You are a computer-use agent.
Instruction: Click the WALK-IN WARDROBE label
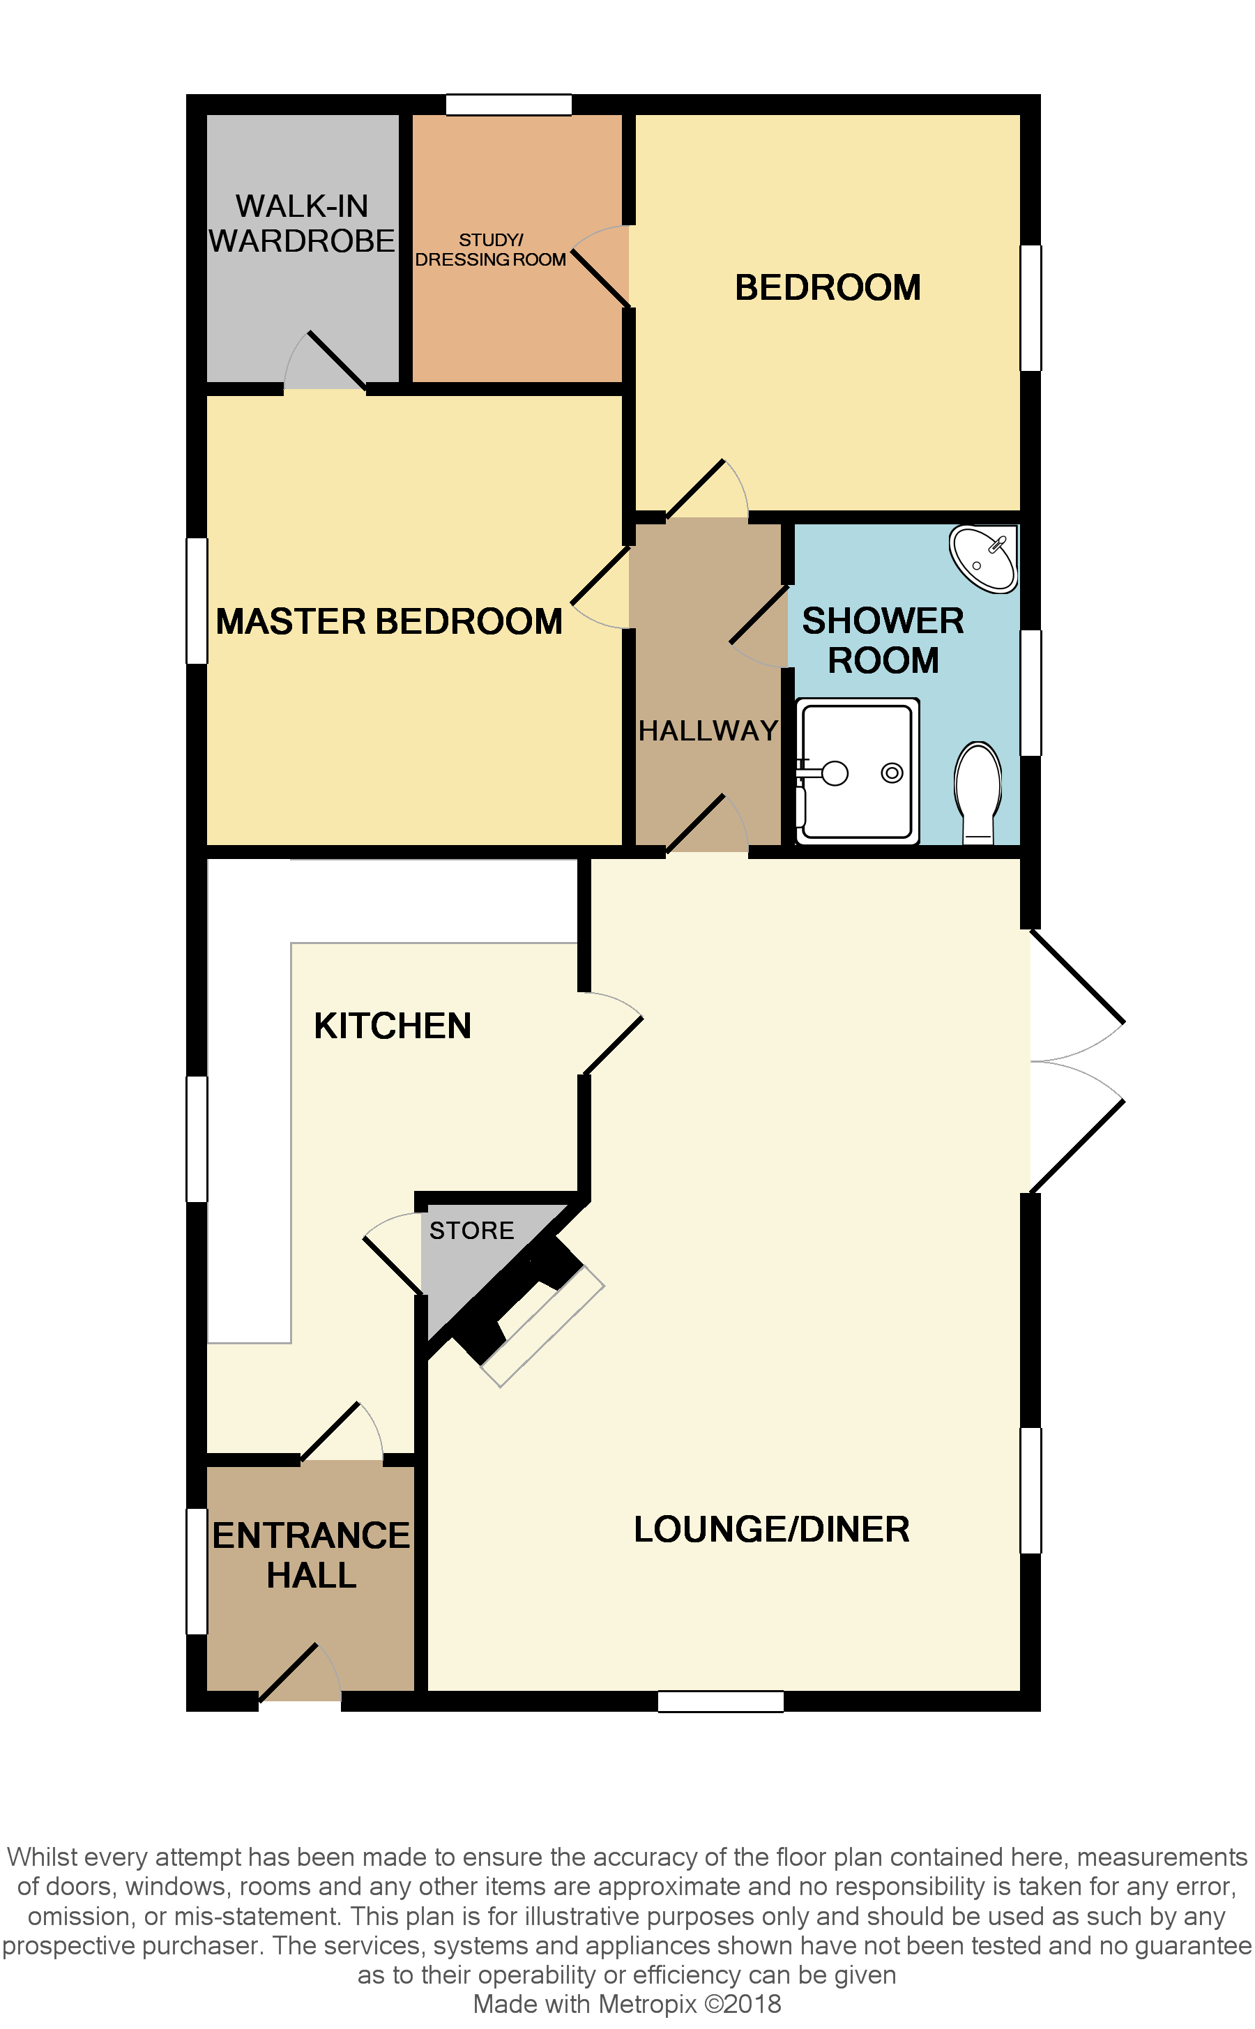pos(301,223)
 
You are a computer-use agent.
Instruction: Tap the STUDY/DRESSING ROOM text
pos(491,250)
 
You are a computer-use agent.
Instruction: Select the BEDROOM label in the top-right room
pos(828,288)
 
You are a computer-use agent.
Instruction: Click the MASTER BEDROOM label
pos(388,621)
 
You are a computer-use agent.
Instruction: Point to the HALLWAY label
pos(708,730)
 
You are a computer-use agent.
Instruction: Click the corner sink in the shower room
pos(984,558)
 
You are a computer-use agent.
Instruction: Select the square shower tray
pos(858,771)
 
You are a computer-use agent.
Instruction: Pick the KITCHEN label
pos(392,1026)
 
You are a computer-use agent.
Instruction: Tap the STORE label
pos(471,1230)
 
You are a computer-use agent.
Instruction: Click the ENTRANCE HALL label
pos(311,1555)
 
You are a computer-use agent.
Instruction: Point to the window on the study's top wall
pos(509,105)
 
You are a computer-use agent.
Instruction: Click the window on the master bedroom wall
pos(197,600)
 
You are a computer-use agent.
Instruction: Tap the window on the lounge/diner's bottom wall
pos(720,1701)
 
